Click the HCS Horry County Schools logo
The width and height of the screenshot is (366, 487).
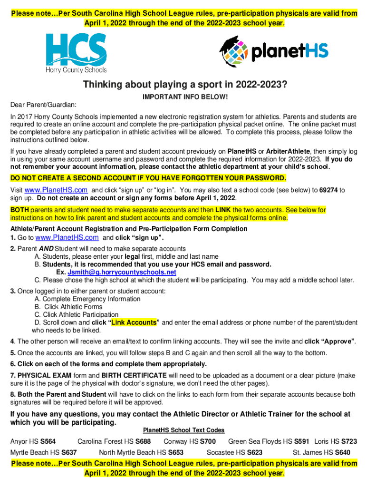tap(76, 52)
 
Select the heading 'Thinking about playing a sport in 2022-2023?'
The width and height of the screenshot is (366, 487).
tap(185, 85)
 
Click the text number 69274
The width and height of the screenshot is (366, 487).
tap(327, 190)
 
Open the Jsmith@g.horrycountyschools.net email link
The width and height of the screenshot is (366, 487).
tap(122, 272)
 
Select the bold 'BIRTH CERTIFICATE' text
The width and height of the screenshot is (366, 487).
tap(135, 376)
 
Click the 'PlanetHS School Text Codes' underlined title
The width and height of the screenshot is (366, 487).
tap(183, 430)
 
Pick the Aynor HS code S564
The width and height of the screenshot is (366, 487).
tap(48, 441)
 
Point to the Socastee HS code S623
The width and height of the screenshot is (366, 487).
tap(255, 452)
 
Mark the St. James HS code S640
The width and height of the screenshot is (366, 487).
tap(343, 452)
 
